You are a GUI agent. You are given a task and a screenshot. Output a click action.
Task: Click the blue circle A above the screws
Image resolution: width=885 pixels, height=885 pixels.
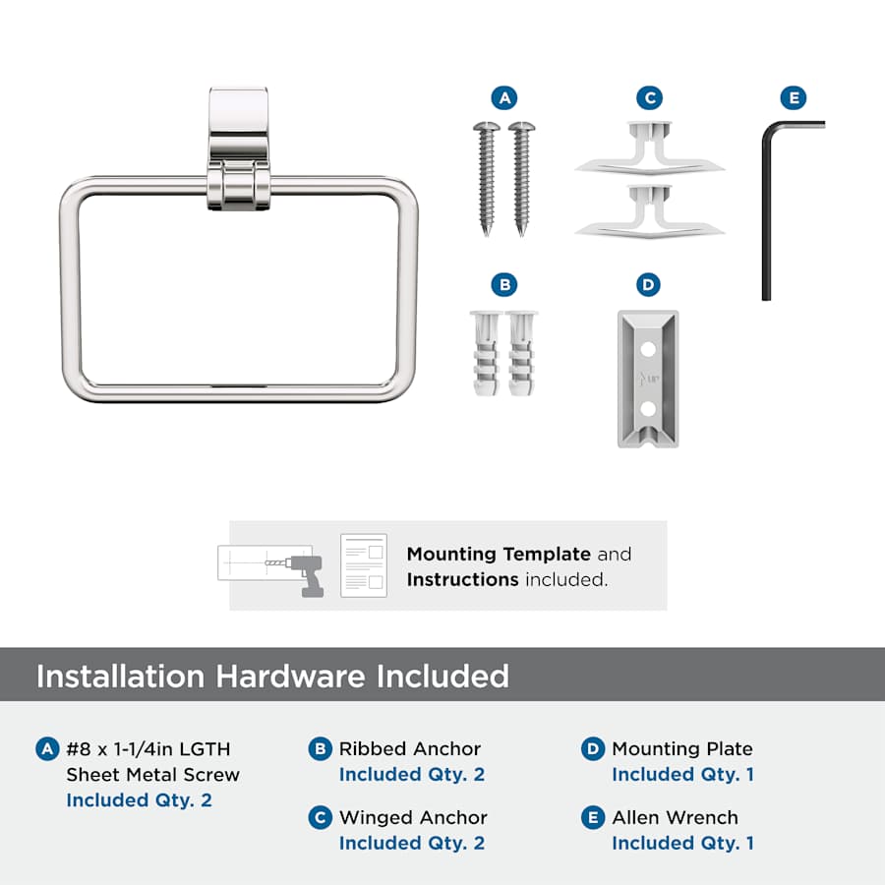coord(504,98)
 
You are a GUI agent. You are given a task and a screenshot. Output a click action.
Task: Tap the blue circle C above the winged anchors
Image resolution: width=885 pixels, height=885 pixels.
coord(649,98)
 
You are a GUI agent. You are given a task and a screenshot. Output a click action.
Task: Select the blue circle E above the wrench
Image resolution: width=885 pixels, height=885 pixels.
coord(793,98)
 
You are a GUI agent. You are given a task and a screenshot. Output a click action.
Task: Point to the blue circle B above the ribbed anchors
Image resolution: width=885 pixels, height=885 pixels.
coord(504,285)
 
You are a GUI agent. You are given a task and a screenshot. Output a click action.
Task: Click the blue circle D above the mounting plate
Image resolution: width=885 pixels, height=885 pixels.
coord(648,285)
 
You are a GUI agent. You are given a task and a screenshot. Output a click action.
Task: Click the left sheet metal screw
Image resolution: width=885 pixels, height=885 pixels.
coord(487,178)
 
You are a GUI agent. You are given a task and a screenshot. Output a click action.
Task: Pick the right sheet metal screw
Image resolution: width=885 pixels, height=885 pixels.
coord(521,178)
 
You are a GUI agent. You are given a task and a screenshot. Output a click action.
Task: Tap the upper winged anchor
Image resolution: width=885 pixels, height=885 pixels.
coord(649,147)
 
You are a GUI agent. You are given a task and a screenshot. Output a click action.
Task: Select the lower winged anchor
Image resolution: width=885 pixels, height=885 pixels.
coord(649,211)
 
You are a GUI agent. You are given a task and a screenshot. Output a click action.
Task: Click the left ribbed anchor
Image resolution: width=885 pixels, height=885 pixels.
coord(485,353)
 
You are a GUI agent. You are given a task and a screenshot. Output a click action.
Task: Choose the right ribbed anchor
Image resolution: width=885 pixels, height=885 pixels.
coord(521,353)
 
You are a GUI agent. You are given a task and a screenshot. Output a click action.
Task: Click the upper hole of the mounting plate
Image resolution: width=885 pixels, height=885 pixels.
coord(648,349)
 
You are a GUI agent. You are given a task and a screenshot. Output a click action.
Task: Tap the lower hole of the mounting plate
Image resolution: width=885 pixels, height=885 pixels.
coord(648,408)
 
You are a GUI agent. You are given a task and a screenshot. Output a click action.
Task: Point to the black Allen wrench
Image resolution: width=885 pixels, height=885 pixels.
coord(766,214)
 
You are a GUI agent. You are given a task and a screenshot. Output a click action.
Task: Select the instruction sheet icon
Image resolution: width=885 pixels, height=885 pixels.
coord(364,565)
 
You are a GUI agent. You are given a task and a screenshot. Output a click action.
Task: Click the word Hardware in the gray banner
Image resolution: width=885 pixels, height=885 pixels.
coord(290,677)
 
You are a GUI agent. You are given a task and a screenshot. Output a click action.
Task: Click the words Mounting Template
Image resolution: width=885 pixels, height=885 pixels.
coord(499,555)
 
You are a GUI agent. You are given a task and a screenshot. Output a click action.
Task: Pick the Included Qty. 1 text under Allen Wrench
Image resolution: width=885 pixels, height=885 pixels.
coord(683,843)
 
